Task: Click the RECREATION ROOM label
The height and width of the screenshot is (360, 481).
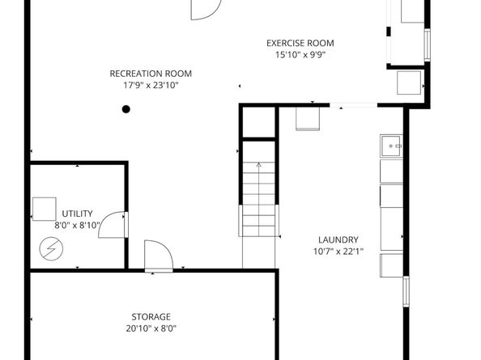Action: pyautogui.click(x=151, y=74)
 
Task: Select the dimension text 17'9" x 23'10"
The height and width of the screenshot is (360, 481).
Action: pyautogui.click(x=151, y=84)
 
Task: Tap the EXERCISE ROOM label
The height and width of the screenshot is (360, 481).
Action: pyautogui.click(x=300, y=44)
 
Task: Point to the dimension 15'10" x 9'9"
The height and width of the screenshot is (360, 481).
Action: pyautogui.click(x=300, y=55)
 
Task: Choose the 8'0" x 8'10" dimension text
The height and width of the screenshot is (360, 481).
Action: pyautogui.click(x=77, y=225)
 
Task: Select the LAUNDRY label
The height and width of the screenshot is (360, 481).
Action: pyautogui.click(x=338, y=239)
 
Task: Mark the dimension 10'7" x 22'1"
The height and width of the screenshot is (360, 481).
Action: pyautogui.click(x=338, y=251)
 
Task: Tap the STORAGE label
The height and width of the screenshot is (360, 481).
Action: pyautogui.click(x=151, y=316)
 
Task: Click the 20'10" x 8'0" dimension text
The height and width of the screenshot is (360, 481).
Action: pyautogui.click(x=151, y=328)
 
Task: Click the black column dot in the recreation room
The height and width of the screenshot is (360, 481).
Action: pyautogui.click(x=126, y=108)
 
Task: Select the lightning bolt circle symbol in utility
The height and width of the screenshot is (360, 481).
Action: pyautogui.click(x=49, y=248)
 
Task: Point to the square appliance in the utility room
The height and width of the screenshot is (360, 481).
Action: pyautogui.click(x=44, y=209)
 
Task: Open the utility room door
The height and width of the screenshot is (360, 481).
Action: pyautogui.click(x=113, y=224)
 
